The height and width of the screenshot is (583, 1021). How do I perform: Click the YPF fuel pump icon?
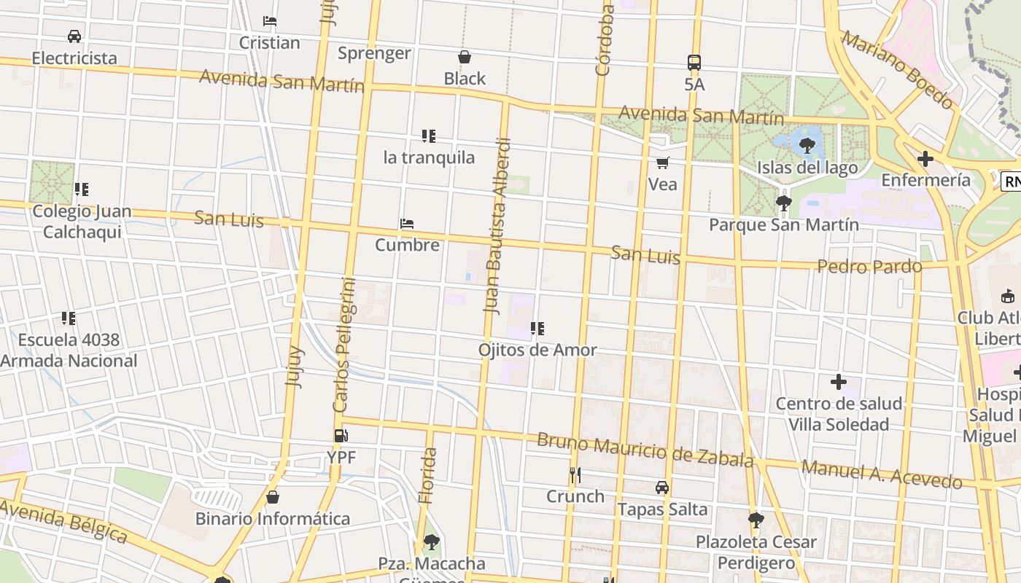click(x=340, y=436)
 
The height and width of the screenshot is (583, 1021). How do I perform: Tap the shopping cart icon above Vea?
click(x=662, y=163)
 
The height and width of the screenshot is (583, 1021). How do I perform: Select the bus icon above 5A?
click(x=694, y=63)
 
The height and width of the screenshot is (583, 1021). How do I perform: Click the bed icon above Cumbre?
click(x=407, y=224)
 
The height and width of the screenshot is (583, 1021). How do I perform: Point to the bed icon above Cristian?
click(x=270, y=21)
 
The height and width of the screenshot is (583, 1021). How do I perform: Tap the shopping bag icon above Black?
click(x=465, y=57)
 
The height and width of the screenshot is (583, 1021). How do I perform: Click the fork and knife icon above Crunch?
click(x=575, y=475)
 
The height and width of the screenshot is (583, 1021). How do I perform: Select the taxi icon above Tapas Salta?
click(x=662, y=487)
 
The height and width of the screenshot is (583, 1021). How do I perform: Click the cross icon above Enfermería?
click(x=925, y=158)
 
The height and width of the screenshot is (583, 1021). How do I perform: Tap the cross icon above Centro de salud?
click(x=839, y=381)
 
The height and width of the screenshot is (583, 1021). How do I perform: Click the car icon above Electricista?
click(x=74, y=36)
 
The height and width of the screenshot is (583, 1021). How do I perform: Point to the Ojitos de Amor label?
click(x=537, y=350)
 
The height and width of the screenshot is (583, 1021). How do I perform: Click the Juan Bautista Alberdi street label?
click(x=498, y=226)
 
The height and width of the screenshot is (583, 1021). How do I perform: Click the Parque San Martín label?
click(x=784, y=224)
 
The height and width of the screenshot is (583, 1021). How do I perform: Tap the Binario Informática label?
click(x=273, y=519)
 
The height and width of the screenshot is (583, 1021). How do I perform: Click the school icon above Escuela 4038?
click(x=69, y=318)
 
